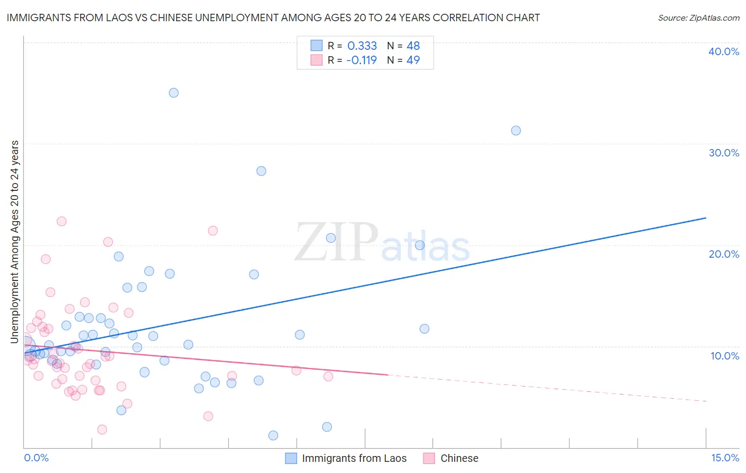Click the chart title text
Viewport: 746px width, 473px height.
(273, 17)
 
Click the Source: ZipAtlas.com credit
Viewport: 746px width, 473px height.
(698, 17)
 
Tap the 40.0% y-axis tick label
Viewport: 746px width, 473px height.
(724, 51)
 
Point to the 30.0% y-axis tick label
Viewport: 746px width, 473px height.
(724, 153)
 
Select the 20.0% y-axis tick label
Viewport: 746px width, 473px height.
(724, 254)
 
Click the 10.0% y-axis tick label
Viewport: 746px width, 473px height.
(724, 356)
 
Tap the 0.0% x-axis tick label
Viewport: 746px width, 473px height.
(36, 458)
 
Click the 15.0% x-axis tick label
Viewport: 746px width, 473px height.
(725, 458)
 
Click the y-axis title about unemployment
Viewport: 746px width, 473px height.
(15, 242)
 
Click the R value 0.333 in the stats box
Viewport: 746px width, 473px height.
(362, 46)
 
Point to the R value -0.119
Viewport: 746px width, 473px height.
(361, 60)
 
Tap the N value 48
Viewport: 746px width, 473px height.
(413, 46)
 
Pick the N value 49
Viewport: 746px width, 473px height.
(413, 60)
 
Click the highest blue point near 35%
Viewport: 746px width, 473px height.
(174, 93)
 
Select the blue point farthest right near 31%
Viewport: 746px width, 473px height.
(516, 130)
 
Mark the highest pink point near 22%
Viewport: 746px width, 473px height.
(62, 222)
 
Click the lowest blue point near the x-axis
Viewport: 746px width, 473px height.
(273, 435)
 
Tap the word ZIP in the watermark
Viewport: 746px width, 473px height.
(336, 242)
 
